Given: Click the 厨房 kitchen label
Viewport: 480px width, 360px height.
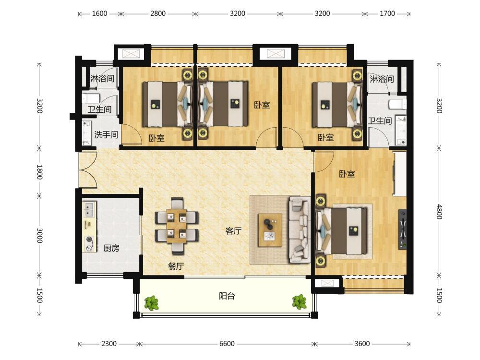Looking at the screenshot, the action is [111, 248].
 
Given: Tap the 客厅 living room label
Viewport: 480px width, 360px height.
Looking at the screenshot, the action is [234, 231].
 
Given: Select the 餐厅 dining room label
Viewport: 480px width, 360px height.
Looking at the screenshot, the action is [176, 266].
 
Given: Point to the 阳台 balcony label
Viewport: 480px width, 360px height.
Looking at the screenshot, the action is [227, 296].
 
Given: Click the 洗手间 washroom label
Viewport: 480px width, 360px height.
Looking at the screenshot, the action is [106, 134].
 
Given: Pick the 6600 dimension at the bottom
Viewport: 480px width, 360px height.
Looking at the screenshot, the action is [227, 344].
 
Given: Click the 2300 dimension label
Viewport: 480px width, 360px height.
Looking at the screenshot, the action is [109, 344].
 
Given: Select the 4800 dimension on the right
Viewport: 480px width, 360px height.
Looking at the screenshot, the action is [439, 212].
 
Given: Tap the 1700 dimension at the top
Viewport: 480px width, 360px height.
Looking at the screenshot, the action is [387, 13].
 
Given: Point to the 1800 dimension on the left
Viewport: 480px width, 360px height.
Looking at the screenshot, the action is [39, 172].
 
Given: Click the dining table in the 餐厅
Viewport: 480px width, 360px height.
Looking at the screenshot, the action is [177, 226].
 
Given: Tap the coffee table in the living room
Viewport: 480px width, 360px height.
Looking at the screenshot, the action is [270, 230].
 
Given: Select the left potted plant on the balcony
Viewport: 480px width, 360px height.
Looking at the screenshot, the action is [152, 302].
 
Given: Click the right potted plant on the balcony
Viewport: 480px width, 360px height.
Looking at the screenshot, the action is [299, 302].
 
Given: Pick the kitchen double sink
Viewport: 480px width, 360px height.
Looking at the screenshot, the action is [89, 208].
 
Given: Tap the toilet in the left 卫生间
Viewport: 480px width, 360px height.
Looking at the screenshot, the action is [91, 98].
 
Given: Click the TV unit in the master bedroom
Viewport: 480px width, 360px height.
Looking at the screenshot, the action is [403, 228].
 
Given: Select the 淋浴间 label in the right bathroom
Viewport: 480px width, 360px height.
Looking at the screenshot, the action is [382, 79].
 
